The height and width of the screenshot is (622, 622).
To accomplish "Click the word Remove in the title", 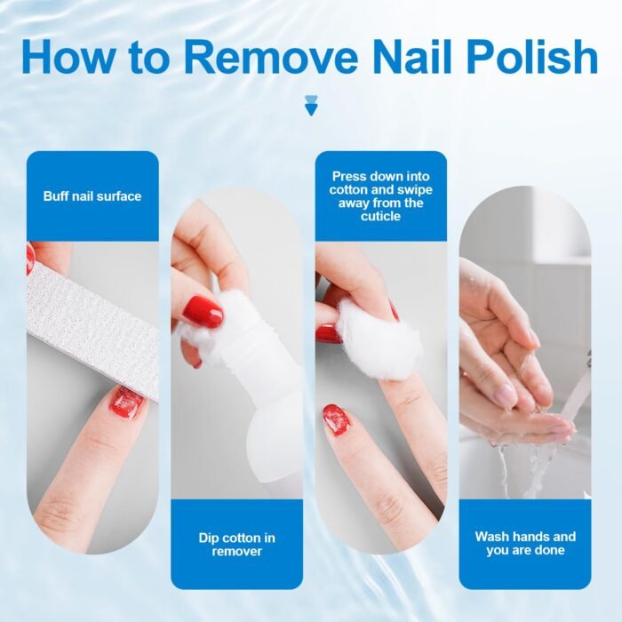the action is [271, 58].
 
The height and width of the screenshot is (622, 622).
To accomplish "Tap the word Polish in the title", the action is [532, 57].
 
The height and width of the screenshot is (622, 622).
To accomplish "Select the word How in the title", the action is [68, 57].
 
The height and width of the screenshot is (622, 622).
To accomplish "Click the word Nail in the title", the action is [412, 57].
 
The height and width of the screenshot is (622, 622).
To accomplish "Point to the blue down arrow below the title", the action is [311, 107].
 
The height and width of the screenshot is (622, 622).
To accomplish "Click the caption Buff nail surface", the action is [92, 196].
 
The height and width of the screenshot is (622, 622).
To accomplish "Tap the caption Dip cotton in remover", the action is [237, 545].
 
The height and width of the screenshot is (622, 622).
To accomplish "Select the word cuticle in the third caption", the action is [381, 216].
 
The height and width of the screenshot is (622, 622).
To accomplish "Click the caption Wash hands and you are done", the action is [525, 543].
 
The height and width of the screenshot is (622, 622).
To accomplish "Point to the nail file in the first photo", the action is [93, 330].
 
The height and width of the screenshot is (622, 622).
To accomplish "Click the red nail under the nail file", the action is [126, 403].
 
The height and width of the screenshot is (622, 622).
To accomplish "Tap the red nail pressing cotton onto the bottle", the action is [203, 311].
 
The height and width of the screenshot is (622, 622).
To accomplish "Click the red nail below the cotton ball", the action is [337, 419].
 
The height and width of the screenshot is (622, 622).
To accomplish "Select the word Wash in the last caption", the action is [491, 537].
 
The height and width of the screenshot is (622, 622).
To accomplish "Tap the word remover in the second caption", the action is [237, 552].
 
